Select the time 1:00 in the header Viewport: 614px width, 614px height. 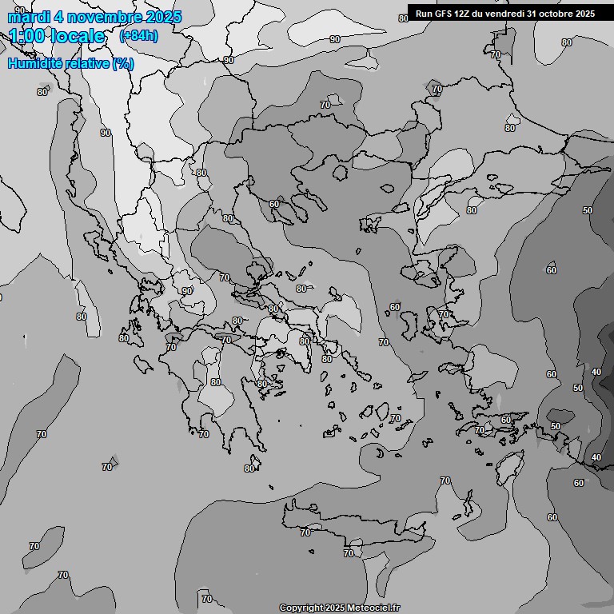[x=26, y=36]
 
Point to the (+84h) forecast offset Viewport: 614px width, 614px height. [x=138, y=36]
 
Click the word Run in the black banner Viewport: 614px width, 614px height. [x=424, y=14]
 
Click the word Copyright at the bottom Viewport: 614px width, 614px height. [x=301, y=608]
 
